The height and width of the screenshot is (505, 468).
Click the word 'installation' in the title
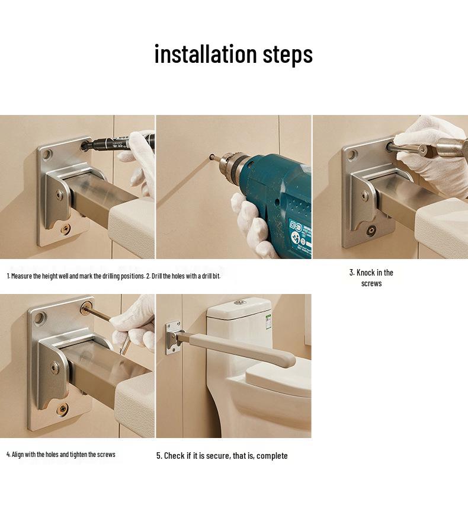click(x=206, y=54)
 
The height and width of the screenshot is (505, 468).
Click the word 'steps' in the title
click(x=288, y=55)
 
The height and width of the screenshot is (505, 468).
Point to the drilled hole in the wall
click(x=212, y=157)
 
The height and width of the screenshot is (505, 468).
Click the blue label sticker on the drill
click(x=300, y=237)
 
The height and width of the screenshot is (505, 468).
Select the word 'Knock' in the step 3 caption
click(x=366, y=273)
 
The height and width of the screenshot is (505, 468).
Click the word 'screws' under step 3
click(x=371, y=284)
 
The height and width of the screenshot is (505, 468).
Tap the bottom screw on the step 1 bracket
click(x=66, y=229)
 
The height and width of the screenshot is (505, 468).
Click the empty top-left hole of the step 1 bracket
click(x=46, y=155)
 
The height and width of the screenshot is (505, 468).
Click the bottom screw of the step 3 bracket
click(x=372, y=231)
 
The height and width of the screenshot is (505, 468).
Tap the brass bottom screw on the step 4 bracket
click(x=62, y=409)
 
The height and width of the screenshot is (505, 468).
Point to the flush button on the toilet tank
click(x=239, y=302)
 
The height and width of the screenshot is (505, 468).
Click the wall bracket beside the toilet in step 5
click(x=173, y=337)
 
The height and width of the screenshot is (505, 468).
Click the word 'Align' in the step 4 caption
click(x=18, y=455)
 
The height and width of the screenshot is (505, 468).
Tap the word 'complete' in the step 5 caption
click(x=272, y=456)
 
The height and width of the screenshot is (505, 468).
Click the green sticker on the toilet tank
click(x=268, y=321)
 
